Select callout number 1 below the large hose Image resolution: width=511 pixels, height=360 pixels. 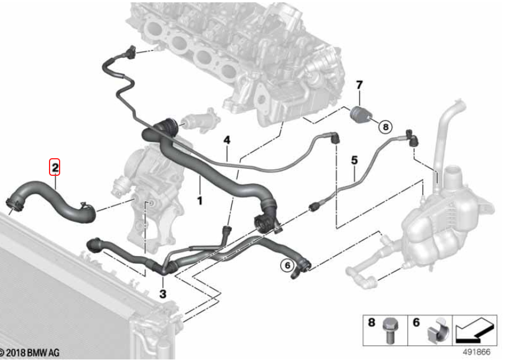(200, 201)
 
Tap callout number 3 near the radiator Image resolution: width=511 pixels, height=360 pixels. (163, 293)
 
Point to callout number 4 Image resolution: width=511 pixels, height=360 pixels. (227, 140)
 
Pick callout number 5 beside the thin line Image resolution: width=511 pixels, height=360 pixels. (354, 160)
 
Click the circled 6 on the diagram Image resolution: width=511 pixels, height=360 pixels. (287, 266)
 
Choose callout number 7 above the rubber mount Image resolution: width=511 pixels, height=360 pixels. (359, 85)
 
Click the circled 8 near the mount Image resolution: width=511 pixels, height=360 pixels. (385, 126)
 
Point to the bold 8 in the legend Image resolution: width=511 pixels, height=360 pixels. (371, 322)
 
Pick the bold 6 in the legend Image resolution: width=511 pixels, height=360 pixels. (416, 322)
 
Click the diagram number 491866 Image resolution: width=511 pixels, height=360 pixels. (476, 352)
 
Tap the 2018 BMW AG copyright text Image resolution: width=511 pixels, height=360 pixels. (30, 353)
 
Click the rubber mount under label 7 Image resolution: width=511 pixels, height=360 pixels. (361, 114)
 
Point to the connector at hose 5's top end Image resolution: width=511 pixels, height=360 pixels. (412, 138)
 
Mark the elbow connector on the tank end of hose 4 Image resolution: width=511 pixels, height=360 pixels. (335, 138)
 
